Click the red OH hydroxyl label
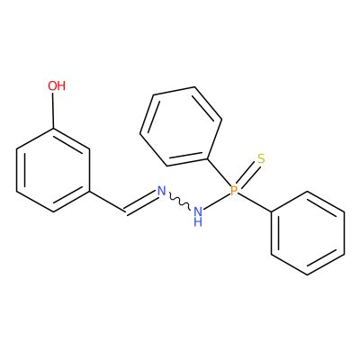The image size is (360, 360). [57, 85]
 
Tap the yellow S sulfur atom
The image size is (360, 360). [261, 158]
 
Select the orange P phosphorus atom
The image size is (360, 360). [234, 190]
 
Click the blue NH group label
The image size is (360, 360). [198, 217]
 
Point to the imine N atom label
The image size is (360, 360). [162, 191]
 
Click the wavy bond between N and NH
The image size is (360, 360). [179, 202]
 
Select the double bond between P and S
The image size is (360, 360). [247, 175]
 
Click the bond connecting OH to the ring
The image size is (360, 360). [53, 111]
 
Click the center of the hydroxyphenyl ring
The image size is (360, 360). [53, 170]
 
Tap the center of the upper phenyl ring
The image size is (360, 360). [181, 127]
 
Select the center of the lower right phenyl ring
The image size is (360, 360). [308, 233]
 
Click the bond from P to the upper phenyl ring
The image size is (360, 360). [220, 173]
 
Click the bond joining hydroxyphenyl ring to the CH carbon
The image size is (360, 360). [107, 202]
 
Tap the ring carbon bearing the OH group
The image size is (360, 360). [53, 129]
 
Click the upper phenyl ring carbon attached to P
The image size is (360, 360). [208, 158]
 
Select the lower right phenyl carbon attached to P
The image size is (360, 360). [272, 212]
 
